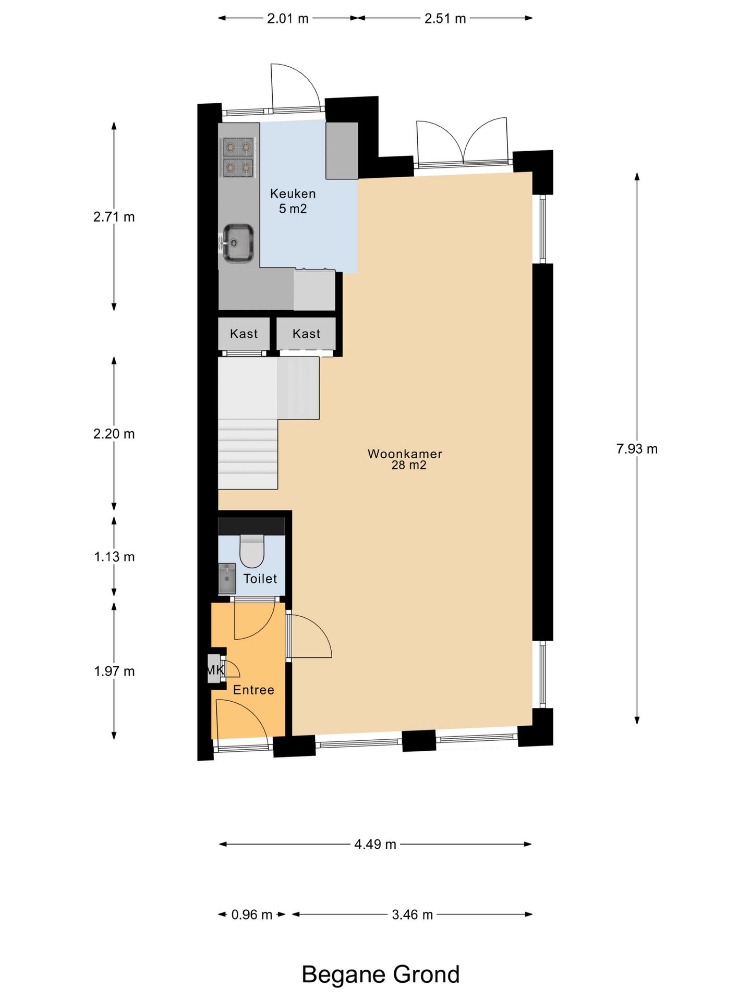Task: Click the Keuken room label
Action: [x=293, y=194]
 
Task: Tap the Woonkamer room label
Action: [x=405, y=454]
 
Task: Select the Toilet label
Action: [x=260, y=579]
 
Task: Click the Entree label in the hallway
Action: [x=253, y=690]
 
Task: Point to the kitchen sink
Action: [x=238, y=243]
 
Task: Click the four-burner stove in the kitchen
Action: [x=238, y=157]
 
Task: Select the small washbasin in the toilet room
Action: [x=227, y=578]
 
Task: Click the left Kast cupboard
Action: [x=244, y=334]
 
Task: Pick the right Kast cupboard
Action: [x=306, y=334]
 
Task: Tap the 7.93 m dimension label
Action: [x=637, y=449]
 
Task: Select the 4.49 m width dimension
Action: [x=375, y=844]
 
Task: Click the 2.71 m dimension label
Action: [x=114, y=217]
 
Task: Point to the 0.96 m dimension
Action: [x=252, y=914]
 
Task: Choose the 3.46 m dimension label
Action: [x=413, y=914]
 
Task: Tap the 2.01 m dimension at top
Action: [x=288, y=19]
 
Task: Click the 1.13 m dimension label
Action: [x=114, y=557]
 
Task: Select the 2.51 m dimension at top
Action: [x=445, y=19]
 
